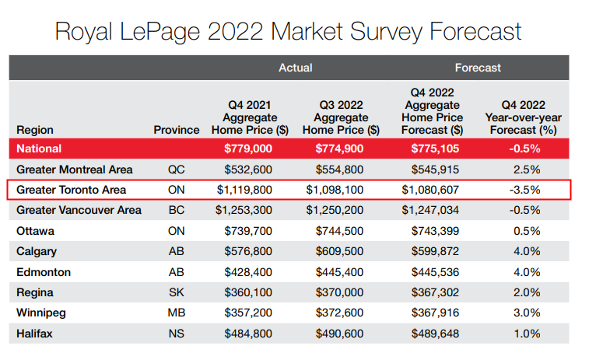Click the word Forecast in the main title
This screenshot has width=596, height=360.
pos(472,32)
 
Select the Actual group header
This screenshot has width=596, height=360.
pos(296,68)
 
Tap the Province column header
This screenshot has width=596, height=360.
pos(177,130)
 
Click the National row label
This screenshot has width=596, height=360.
pos(39,149)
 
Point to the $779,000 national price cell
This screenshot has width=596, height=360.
pos(247,149)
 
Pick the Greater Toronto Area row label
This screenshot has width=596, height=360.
pos(71,190)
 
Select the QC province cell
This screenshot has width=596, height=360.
pos(177,170)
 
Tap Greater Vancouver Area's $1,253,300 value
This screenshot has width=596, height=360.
pos(247,210)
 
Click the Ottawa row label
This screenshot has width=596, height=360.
pos(36,231)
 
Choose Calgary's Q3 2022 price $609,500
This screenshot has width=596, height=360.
pos(341,252)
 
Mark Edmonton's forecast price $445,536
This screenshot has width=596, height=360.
pos(433,272)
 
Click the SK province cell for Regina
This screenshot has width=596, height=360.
pos(177,292)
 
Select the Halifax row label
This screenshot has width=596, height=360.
pos(35,334)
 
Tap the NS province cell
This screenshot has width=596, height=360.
pos(177,334)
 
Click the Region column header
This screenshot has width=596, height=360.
pos(35,130)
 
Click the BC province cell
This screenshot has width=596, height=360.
pos(177,210)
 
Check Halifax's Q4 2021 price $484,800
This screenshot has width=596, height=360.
pos(247,334)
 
